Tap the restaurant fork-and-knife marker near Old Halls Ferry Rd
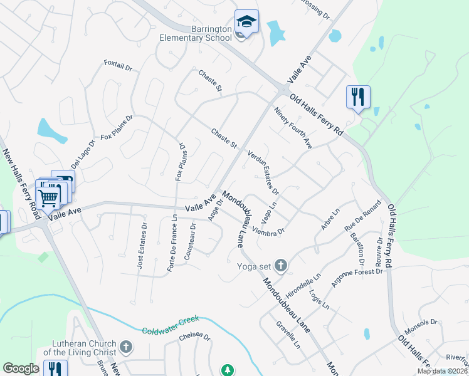pyautogui.click(x=358, y=97)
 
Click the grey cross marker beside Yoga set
pyautogui.click(x=280, y=266)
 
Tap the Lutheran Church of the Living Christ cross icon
pyautogui.click(x=126, y=347)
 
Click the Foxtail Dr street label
pyautogui.click(x=119, y=65)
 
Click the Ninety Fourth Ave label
pyautogui.click(x=293, y=127)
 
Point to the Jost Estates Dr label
pyautogui.click(x=142, y=246)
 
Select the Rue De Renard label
pyautogui.click(x=363, y=216)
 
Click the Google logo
pyautogui.click(x=21, y=368)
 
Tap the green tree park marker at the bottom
pyautogui.click(x=227, y=370)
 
